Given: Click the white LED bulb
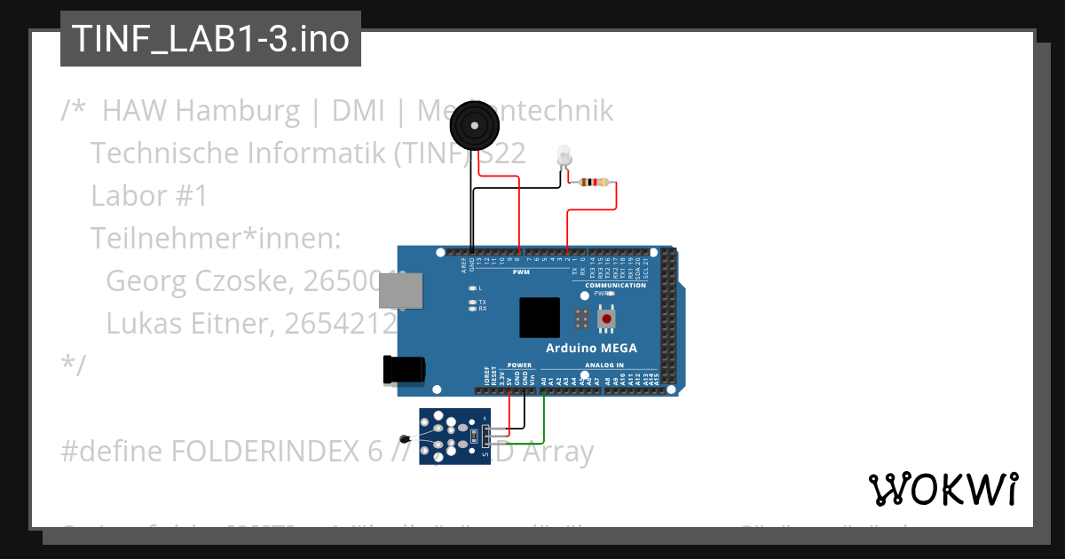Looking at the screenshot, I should (x=564, y=156).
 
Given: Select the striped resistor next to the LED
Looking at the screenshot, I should (x=593, y=183).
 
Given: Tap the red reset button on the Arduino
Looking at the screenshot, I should (x=607, y=318).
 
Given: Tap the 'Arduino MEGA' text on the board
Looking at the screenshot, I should (x=590, y=348).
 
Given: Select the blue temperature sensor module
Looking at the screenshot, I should (x=454, y=436).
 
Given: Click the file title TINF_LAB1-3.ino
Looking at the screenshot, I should (x=210, y=39).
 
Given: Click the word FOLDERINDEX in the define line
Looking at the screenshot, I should (x=265, y=452).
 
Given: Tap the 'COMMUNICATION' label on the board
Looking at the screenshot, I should (x=615, y=285).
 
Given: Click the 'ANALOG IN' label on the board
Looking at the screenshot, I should (x=604, y=365).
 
